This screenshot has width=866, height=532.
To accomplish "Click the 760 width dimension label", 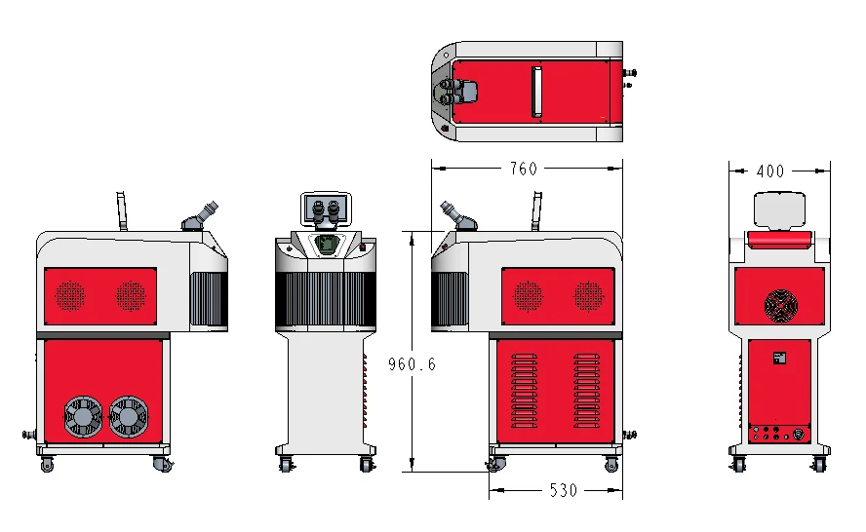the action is click(523, 169).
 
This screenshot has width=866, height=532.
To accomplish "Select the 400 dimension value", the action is click(769, 171).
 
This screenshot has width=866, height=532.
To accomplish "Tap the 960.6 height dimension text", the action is click(412, 364).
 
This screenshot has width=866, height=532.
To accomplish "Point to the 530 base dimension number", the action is click(564, 490).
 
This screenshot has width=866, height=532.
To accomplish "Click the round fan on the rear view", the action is click(781, 306).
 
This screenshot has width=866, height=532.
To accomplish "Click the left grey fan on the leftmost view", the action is click(83, 417).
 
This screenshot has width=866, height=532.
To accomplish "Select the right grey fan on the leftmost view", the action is click(128, 417).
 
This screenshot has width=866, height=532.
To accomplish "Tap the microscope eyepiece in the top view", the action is click(458, 92).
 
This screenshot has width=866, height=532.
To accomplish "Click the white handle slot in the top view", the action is click(536, 93).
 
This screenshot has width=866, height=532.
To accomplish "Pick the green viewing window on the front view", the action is click(327, 244).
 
